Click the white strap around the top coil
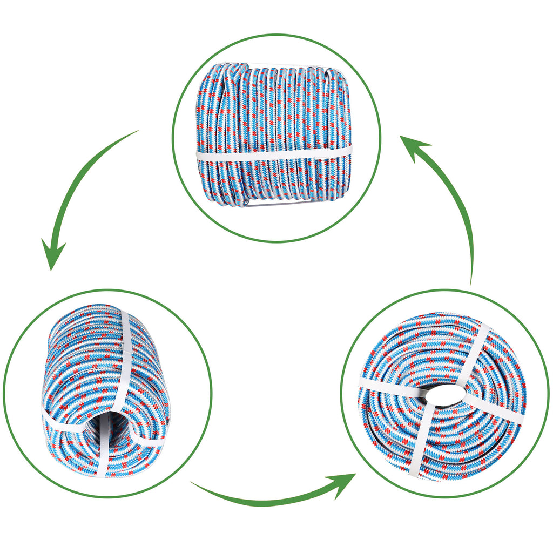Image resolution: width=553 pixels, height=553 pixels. click(x=273, y=153)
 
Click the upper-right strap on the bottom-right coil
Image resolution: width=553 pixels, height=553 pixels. click(x=475, y=351)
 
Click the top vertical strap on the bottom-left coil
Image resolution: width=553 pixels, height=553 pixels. click(x=124, y=351)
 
